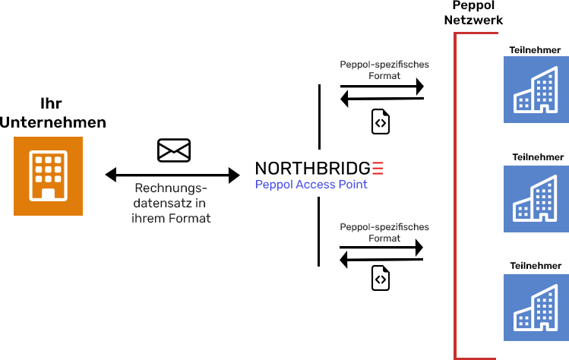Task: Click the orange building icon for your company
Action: (x=48, y=176)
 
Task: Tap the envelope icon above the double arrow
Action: (x=173, y=150)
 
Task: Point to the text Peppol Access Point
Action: (x=311, y=185)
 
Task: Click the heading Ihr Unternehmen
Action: (x=52, y=112)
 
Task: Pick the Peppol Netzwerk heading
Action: (x=473, y=13)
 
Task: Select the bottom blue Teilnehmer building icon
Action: (x=536, y=308)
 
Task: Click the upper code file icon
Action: (x=381, y=122)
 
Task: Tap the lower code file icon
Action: (x=381, y=279)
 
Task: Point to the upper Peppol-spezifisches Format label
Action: (x=384, y=70)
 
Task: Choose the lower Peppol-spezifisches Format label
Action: (x=384, y=232)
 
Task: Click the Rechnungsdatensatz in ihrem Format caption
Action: (x=171, y=203)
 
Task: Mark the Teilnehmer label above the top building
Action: (x=536, y=50)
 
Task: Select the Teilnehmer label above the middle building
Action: (x=538, y=157)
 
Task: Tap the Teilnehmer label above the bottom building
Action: (x=536, y=266)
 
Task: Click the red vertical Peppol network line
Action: (x=455, y=197)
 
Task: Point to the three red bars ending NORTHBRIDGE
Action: (x=378, y=169)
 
